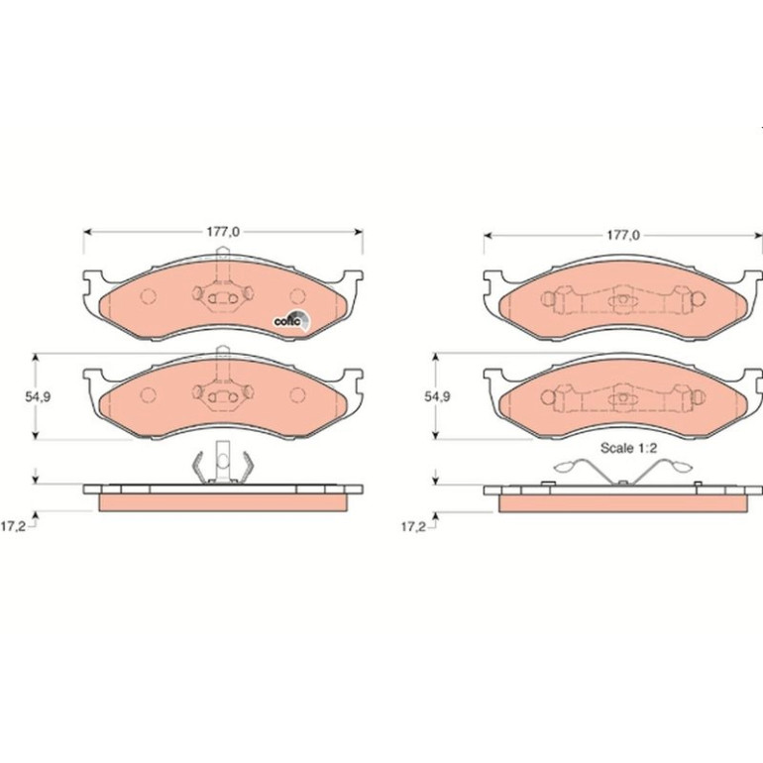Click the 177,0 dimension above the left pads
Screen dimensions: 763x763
point(223,232)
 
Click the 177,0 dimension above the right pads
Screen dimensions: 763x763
point(623,236)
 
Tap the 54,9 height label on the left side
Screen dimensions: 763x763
point(38,396)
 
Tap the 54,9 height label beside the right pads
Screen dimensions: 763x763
point(437,396)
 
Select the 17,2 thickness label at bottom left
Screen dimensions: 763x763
point(13,527)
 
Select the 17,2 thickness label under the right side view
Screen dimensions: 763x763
point(413,527)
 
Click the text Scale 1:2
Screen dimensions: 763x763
point(628,448)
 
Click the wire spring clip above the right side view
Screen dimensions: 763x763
point(623,471)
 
